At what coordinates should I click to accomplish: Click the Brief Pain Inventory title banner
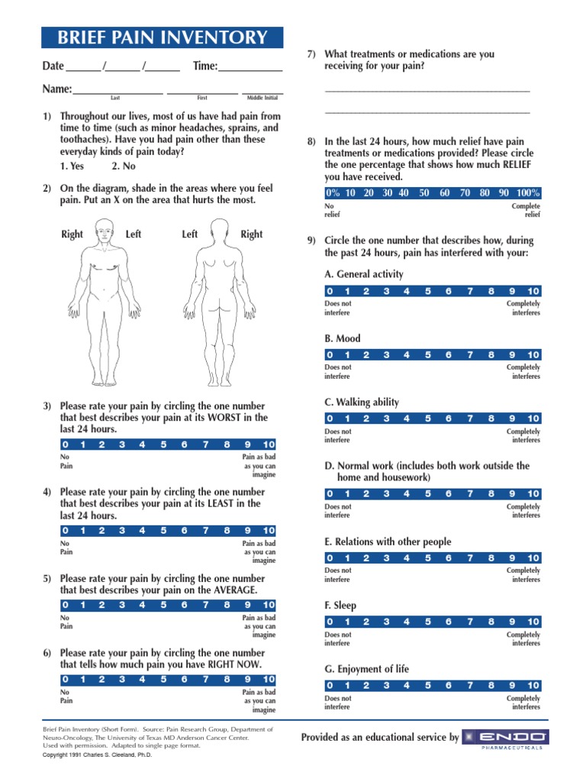pos(162,37)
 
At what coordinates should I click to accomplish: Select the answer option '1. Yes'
pos(72,166)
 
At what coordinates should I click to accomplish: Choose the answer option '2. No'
pos(124,166)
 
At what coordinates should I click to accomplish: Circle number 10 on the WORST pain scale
pos(269,444)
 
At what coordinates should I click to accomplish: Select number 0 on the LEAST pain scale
pos(65,531)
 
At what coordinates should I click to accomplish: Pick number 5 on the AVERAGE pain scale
pos(163,605)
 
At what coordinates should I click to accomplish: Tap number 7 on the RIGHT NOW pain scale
pos(204,679)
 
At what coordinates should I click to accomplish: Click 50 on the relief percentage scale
pos(424,193)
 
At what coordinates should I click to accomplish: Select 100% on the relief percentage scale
pos(527,193)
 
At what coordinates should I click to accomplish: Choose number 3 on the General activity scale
pos(386,291)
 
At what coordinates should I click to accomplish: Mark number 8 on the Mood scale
pos(491,354)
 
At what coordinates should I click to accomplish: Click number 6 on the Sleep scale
pos(448,622)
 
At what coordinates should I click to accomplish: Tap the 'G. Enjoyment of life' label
pos(366,669)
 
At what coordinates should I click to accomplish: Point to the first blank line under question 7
pos(427,91)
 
